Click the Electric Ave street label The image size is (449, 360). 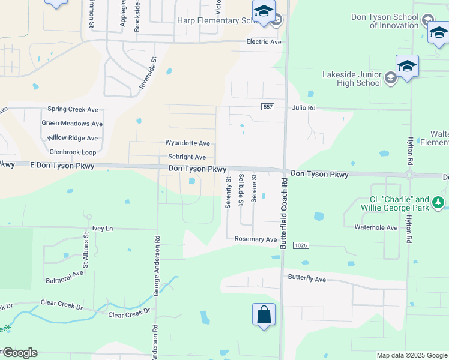pos(264,42)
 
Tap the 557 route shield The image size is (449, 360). pos(268,107)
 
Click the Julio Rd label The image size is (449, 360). pos(303,108)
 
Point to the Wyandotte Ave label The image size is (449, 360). pos(188,143)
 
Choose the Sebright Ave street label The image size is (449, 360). pos(187,157)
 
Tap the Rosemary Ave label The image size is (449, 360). pos(255,239)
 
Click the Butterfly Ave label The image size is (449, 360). pos(307,280)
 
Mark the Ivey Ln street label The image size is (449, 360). pos(103,228)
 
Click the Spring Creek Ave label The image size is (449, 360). pos(73,110)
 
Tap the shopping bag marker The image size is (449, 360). pos(264,314)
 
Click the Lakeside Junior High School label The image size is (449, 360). pos(352,79)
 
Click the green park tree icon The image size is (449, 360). pos(439,202)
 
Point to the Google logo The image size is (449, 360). pos(19,353)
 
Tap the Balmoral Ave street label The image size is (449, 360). pos(65,276)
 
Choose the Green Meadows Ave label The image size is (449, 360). pos(72,124)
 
